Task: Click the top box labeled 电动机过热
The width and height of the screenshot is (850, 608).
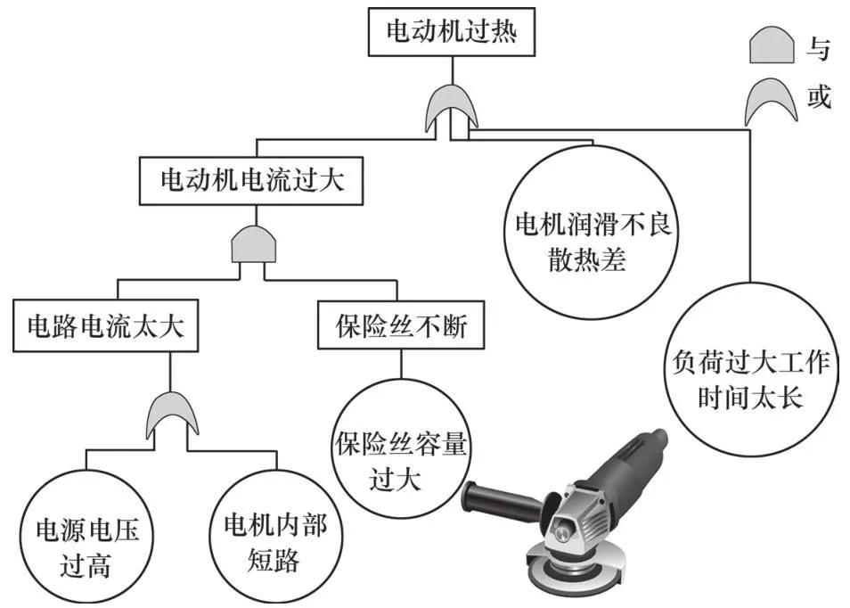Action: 452,32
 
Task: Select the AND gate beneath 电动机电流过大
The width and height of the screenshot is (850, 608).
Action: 252,243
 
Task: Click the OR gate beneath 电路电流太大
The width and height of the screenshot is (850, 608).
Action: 171,413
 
